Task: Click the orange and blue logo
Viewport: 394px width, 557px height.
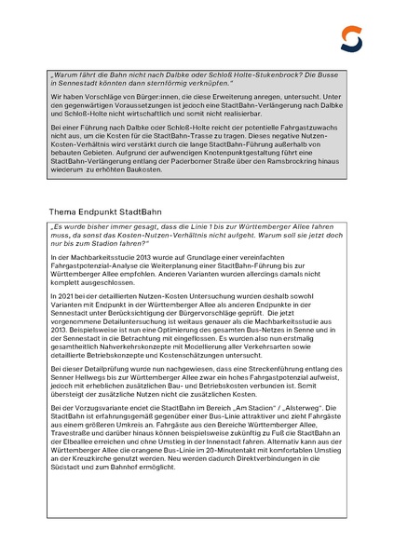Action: tap(351, 38)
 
